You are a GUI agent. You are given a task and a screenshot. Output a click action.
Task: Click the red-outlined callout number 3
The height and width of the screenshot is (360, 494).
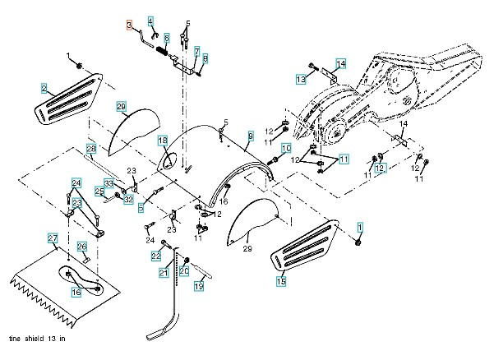[x=130, y=25]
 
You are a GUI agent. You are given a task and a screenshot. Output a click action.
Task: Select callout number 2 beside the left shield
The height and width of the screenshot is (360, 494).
[x=44, y=86]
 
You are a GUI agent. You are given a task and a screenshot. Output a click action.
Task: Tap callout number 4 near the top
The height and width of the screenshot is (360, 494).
[x=150, y=21]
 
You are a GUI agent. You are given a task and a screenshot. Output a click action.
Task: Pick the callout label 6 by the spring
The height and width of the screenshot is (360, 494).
[x=166, y=38]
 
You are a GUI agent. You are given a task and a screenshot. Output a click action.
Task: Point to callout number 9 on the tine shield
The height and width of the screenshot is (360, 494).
[x=250, y=135]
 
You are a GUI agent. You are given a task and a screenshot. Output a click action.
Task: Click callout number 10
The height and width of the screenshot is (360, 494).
[x=287, y=148]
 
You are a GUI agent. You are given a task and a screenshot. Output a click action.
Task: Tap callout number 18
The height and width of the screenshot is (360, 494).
[x=163, y=141]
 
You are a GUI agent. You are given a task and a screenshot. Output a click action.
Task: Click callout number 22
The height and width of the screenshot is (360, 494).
[x=155, y=256]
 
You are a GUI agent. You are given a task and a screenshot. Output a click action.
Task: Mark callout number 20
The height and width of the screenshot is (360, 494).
[x=185, y=270]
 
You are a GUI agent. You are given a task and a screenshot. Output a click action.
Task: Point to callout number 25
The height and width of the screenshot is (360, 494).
[x=98, y=192]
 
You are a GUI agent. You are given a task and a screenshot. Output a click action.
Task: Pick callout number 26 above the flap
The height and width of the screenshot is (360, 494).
[x=82, y=246]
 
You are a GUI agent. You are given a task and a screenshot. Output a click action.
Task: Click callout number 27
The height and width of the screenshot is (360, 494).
[x=52, y=238]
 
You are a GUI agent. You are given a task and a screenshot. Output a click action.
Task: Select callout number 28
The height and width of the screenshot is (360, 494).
[x=91, y=148]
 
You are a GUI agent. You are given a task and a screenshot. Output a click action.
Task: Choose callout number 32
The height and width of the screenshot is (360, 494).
[x=128, y=199]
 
